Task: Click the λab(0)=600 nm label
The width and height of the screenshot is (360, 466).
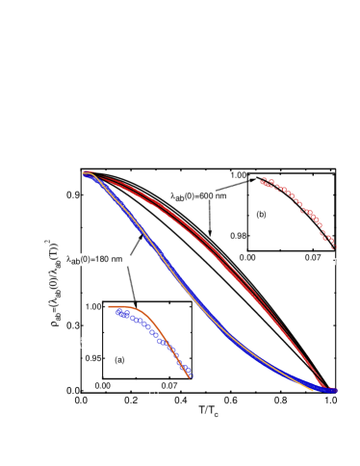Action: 199,196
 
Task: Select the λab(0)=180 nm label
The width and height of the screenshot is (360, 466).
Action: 94,259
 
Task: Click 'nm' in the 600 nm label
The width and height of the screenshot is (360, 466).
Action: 220,196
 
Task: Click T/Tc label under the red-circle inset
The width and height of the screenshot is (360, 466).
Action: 332,262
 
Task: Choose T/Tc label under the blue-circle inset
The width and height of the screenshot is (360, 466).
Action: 155,395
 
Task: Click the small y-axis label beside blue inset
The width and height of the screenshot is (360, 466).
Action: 81,342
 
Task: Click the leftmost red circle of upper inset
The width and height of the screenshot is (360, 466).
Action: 263,179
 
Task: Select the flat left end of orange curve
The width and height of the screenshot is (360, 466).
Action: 116,306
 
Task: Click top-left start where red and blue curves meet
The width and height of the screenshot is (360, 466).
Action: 86,173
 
